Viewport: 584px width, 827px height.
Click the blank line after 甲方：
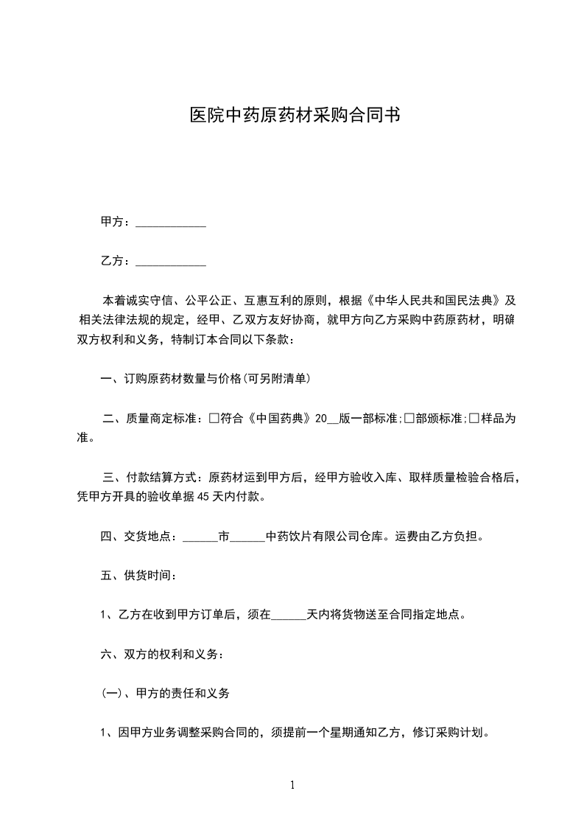pos(172,222)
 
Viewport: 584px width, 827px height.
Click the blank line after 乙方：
pos(172,261)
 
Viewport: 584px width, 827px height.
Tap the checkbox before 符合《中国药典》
pos(214,419)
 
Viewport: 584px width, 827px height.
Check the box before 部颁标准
pos(409,419)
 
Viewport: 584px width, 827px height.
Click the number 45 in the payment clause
pos(198,497)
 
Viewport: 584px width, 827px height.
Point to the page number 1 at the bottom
pos(292,786)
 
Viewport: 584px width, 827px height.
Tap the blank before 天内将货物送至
pos(289,614)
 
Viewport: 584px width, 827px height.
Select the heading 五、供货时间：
pos(138,575)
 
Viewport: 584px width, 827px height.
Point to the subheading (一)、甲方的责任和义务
pos(166,693)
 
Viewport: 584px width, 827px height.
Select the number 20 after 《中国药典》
pos(320,419)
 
